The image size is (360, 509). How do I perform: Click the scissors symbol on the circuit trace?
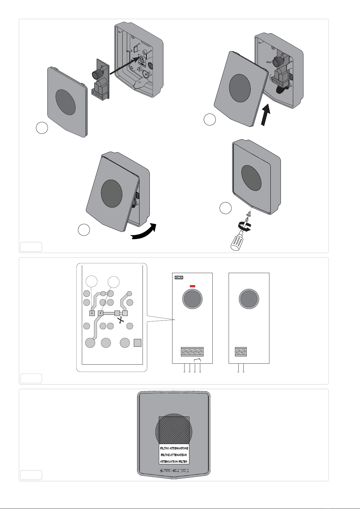click(x=121, y=320)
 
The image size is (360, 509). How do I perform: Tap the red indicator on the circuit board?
click(x=192, y=286)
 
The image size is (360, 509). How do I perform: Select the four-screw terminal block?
click(x=192, y=352)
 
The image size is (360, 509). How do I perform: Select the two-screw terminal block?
click(x=241, y=352)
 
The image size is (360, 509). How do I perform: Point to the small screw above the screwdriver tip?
click(x=249, y=214)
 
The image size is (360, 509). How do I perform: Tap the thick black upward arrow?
click(x=265, y=114)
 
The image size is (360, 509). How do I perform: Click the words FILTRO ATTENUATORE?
click(x=174, y=448)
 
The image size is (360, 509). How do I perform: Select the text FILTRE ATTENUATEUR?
click(x=174, y=455)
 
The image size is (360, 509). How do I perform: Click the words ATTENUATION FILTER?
click(x=174, y=462)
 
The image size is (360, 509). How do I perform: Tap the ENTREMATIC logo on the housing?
click(x=174, y=470)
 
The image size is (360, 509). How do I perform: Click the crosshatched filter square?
click(x=174, y=430)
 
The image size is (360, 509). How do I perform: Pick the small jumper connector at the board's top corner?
click(x=179, y=277)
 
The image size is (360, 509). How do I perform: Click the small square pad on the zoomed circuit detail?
click(x=138, y=343)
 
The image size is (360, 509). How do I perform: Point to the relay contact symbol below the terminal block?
click(x=198, y=360)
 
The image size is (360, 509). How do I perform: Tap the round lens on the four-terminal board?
click(x=192, y=299)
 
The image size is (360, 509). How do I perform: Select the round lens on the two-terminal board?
click(x=249, y=299)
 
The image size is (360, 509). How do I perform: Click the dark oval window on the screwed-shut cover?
click(x=251, y=178)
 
